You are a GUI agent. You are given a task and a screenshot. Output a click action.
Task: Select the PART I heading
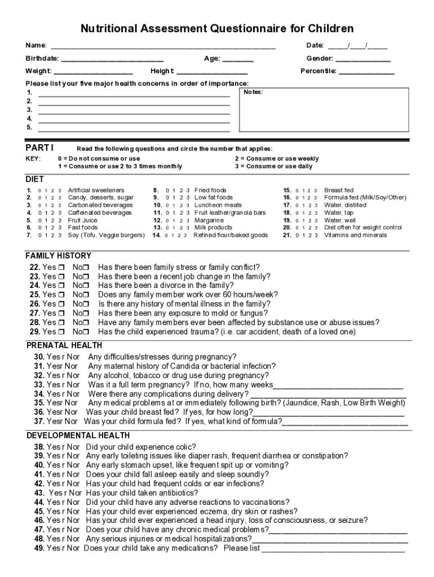(39, 148)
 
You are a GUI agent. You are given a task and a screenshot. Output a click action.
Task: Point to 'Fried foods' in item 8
(210, 190)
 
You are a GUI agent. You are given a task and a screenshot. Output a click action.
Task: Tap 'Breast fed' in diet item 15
(339, 190)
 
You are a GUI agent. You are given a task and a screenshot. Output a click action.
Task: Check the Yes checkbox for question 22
(62, 267)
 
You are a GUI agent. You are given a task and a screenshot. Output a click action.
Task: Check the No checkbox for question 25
(86, 295)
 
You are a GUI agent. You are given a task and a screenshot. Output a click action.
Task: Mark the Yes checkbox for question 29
(62, 332)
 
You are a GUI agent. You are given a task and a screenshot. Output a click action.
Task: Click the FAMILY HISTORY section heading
(58, 256)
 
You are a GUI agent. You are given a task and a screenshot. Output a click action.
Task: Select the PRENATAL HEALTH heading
(64, 345)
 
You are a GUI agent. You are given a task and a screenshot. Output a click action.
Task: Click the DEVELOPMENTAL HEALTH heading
(78, 436)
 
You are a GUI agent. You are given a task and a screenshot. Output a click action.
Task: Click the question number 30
(39, 357)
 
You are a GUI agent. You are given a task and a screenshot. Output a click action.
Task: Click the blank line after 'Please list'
(333, 549)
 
